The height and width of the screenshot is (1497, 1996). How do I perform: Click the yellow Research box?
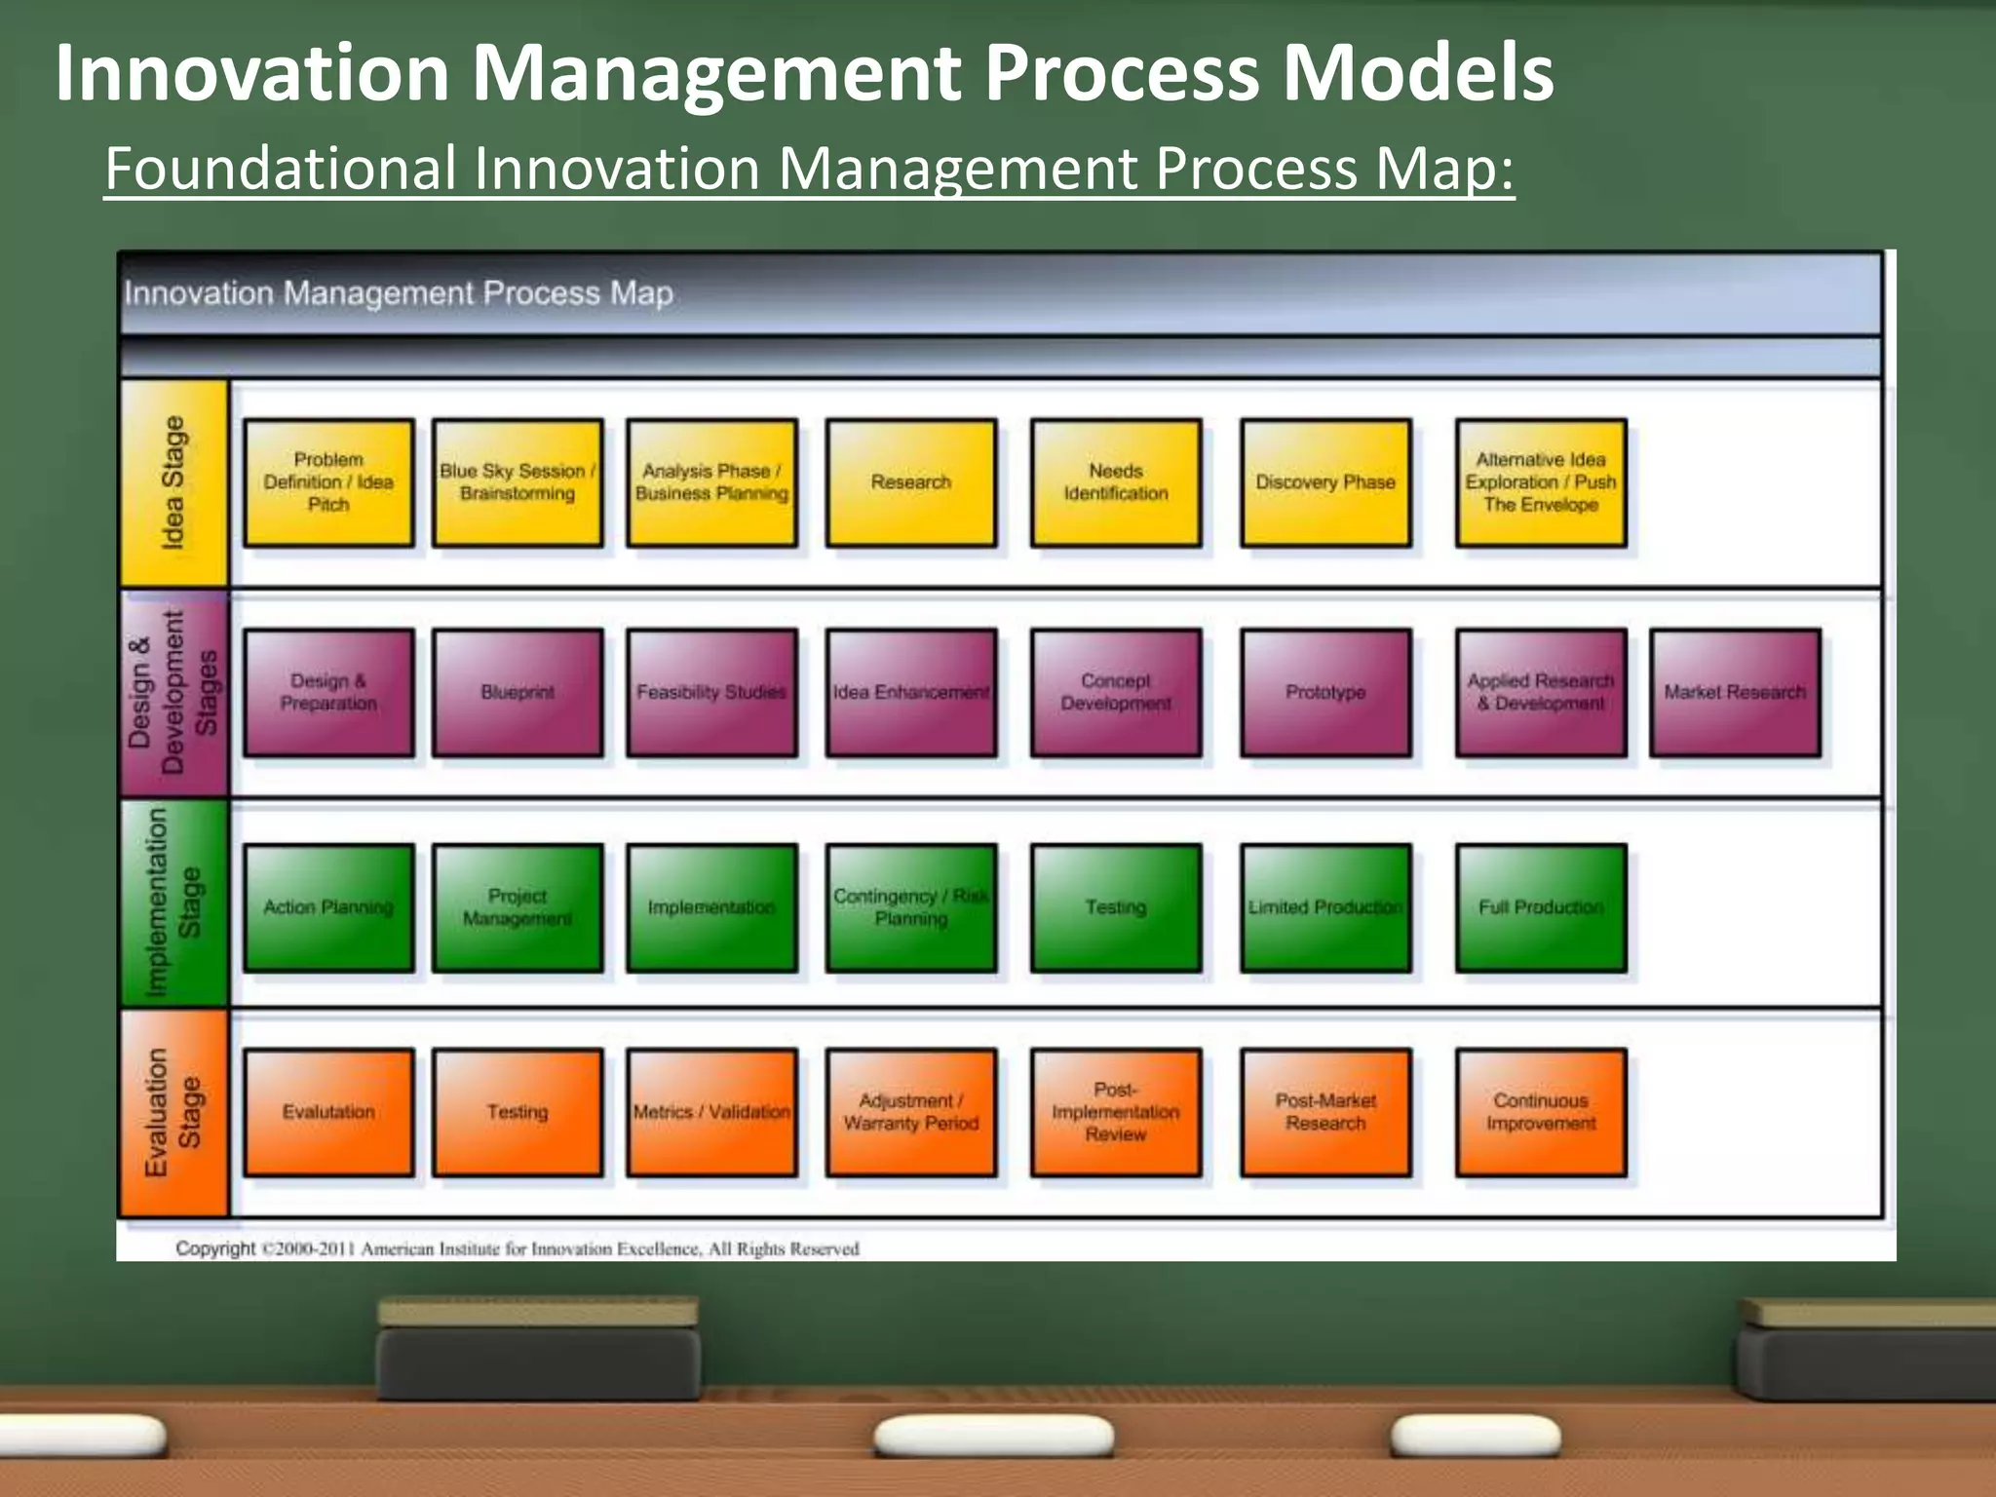[910, 482]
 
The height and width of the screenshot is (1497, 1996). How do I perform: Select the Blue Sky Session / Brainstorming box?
[518, 482]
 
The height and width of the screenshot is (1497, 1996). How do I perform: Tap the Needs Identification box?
[1115, 482]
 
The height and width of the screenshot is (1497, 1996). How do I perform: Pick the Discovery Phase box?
[1325, 482]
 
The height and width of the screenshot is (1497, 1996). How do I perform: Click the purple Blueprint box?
[518, 692]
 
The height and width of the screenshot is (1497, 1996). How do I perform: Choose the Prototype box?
[1325, 692]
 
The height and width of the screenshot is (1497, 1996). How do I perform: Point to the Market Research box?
[1735, 692]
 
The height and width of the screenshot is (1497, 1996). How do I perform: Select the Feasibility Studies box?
[711, 692]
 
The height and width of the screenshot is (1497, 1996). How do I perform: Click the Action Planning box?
[328, 907]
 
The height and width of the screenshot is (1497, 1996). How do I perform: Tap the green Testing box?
[1115, 907]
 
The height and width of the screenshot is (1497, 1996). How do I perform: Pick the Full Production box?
[1541, 907]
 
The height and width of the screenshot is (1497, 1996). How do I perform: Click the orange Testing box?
[518, 1112]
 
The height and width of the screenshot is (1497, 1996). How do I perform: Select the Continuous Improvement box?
[1541, 1112]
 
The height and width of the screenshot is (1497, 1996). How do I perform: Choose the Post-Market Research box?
[1325, 1112]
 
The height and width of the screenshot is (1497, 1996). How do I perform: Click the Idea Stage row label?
[173, 482]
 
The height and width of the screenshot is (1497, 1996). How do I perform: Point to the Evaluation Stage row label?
[173, 1112]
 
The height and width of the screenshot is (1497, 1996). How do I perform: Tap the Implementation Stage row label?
[173, 903]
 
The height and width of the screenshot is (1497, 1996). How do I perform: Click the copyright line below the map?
[518, 1248]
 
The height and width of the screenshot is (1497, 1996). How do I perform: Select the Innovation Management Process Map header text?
[399, 293]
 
